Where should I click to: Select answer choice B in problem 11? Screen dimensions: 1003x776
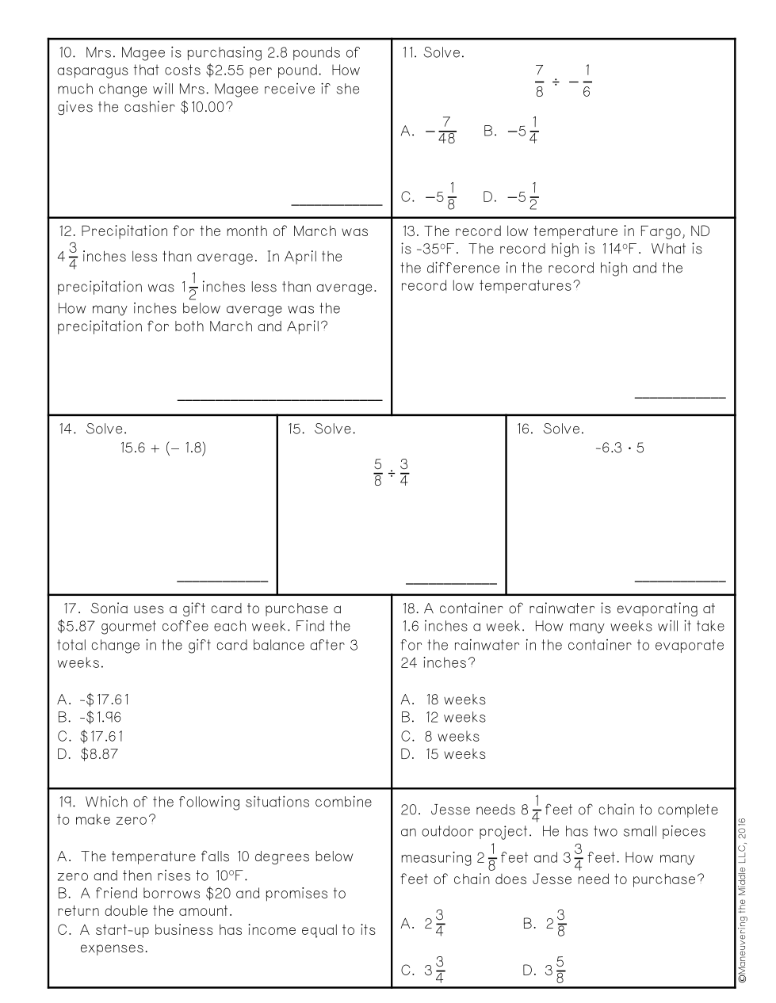(511, 131)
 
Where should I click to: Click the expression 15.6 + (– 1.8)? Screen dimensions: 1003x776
(162, 448)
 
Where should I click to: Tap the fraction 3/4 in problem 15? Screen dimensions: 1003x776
(404, 472)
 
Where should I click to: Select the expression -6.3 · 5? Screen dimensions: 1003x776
(619, 448)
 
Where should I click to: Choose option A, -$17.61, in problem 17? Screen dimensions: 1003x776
(94, 700)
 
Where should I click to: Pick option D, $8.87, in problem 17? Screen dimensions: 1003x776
(89, 754)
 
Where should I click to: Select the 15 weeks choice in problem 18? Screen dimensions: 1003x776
(444, 754)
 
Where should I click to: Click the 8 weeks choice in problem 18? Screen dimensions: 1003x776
(441, 736)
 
